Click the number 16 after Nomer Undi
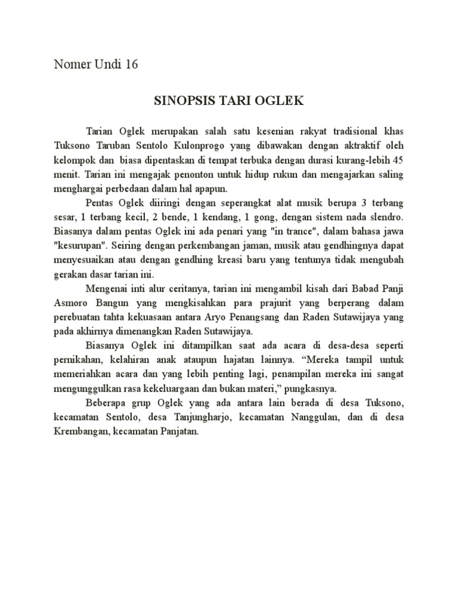(x=131, y=64)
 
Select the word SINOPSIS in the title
(x=179, y=101)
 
